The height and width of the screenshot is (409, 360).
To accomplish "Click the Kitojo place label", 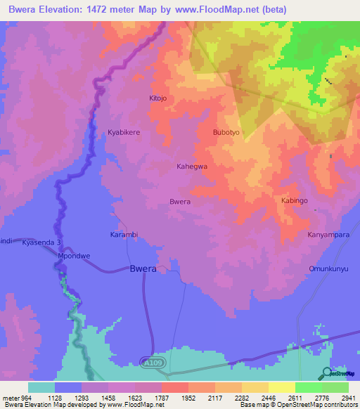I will click(158, 98).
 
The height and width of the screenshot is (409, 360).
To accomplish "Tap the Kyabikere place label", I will click(124, 132).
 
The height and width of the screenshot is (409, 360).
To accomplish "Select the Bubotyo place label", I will click(226, 132).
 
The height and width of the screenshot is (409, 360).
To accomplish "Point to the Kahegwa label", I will click(191, 167).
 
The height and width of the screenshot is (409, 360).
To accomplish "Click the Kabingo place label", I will click(295, 201).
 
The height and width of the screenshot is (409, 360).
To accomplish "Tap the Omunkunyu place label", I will click(329, 269).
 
